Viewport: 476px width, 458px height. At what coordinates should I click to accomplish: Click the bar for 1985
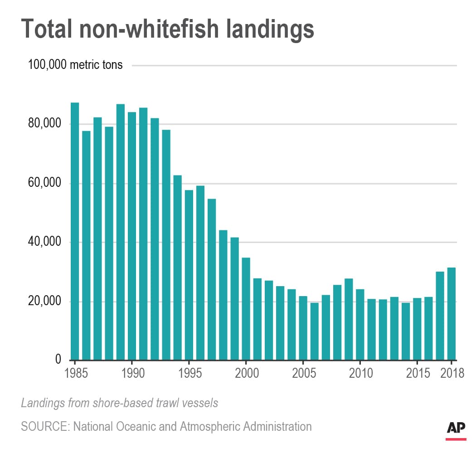tap(75, 231)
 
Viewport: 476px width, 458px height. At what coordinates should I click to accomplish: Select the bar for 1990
tap(131, 236)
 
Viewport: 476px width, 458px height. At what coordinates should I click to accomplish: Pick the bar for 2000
tap(246, 308)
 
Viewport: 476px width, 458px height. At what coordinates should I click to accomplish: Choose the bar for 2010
tap(359, 324)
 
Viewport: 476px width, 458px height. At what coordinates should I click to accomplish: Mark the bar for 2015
tap(417, 329)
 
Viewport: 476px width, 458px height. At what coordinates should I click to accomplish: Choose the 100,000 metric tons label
tap(75, 65)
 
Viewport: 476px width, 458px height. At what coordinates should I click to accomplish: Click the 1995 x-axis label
tap(189, 374)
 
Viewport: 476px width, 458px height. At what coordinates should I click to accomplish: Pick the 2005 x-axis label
tap(303, 374)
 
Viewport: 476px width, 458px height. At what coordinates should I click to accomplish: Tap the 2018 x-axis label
tap(452, 374)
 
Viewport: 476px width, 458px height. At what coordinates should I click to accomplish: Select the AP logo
tap(456, 429)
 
